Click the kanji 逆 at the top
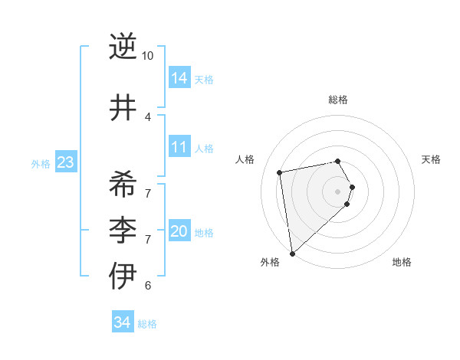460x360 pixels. point(123,47)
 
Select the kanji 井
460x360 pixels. point(123,109)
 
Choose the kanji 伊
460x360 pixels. point(123,276)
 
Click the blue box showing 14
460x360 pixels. point(179,77)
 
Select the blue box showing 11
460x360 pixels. point(179,147)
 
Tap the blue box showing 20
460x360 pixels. point(179,231)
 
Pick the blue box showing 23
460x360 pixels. point(65,162)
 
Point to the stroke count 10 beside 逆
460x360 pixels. point(148,56)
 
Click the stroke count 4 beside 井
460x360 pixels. point(148,116)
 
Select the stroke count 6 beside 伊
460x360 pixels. point(148,286)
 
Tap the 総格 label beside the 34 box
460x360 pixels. point(147,324)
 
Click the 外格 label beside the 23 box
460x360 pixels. point(40,163)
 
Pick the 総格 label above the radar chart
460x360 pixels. point(338,100)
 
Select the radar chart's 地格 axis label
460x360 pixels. point(402,263)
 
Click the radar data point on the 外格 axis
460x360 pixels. point(292,253)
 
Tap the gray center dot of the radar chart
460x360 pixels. point(338,191)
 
